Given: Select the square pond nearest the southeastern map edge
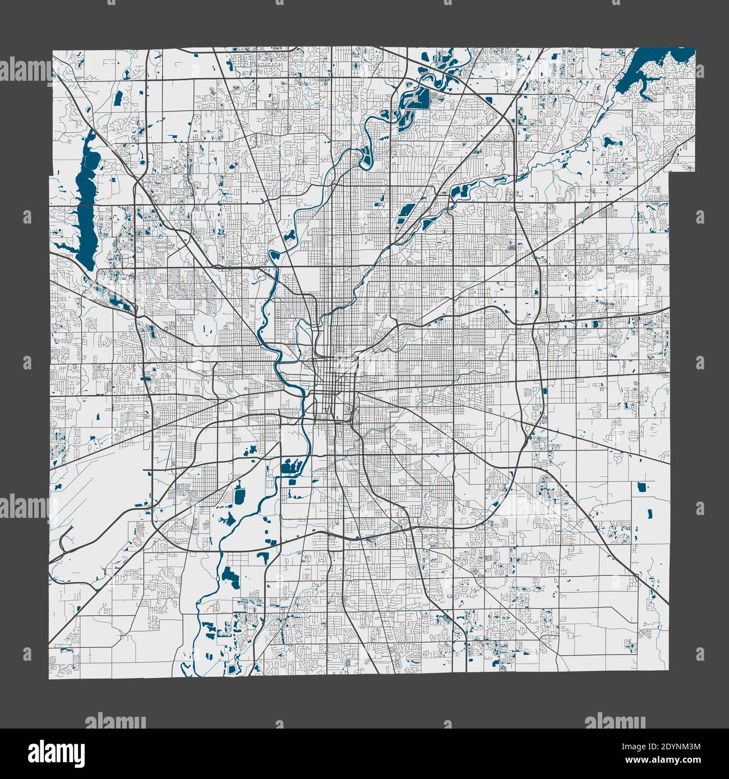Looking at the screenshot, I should [x=642, y=487].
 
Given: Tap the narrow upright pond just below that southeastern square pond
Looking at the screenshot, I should [x=650, y=512].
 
